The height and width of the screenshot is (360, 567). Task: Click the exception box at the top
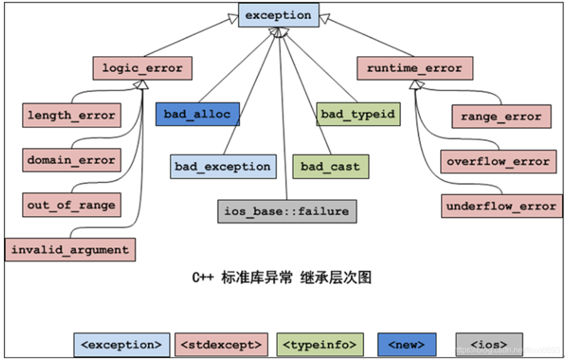tap(279, 16)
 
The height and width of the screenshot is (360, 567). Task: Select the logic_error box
tap(143, 68)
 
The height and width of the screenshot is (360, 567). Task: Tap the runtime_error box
tap(415, 68)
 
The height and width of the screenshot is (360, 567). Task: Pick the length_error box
tap(72, 115)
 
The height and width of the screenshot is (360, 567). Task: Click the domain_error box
tap(72, 160)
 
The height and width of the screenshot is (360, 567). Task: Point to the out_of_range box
tap(72, 205)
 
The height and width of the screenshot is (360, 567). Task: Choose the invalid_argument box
tap(70, 250)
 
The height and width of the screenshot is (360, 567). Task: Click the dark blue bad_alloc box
tap(198, 114)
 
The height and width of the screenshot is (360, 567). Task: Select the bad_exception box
tap(223, 167)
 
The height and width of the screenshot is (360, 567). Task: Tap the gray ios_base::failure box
tap(286, 211)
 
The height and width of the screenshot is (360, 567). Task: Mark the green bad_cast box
tap(331, 167)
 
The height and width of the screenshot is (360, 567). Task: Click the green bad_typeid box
tap(358, 114)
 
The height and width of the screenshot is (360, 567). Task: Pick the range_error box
tap(501, 116)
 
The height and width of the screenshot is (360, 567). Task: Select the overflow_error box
tap(498, 161)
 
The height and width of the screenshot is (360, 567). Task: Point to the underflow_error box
tap(501, 206)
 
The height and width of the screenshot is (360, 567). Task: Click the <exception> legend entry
tap(122, 345)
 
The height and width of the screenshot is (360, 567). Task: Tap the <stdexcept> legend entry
tap(222, 345)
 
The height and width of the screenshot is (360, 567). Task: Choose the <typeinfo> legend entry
tap(319, 345)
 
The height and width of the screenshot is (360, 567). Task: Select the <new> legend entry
tap(407, 345)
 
